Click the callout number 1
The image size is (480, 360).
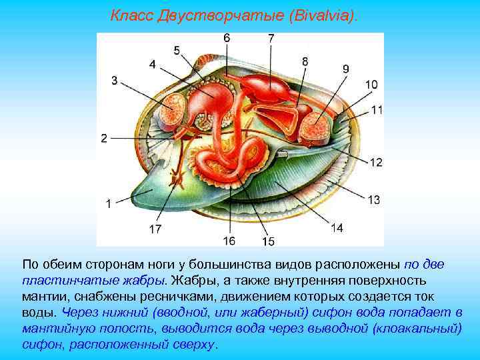[x=108, y=205]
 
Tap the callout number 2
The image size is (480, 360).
[x=104, y=138]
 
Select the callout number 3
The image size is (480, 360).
[x=115, y=81]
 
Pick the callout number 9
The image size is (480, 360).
[x=345, y=69]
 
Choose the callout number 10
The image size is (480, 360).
[x=371, y=85]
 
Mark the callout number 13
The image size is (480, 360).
[x=373, y=199]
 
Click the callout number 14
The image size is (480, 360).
[x=337, y=228]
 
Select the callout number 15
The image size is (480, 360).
[x=268, y=241]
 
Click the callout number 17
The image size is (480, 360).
[x=155, y=229]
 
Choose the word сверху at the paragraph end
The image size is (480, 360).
[x=197, y=344]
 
